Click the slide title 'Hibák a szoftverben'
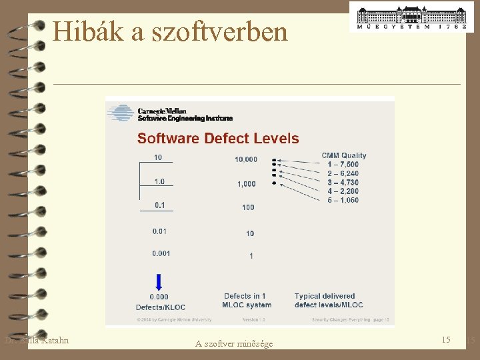[170, 31]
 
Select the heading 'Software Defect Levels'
[218, 139]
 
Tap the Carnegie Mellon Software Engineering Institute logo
[171, 114]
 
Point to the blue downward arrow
[159, 281]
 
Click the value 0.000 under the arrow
[159, 297]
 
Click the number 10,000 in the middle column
[246, 159]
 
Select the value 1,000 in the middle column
[246, 184]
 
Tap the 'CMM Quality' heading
[344, 155]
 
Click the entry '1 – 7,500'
[343, 164]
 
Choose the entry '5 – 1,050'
[343, 200]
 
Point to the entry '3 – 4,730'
[343, 182]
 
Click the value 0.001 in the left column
[161, 253]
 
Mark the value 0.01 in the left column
[160, 231]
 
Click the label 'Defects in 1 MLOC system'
[247, 301]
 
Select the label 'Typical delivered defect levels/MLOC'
[329, 301]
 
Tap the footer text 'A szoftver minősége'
[234, 344]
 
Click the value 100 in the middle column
[248, 207]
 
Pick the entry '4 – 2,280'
[343, 191]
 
